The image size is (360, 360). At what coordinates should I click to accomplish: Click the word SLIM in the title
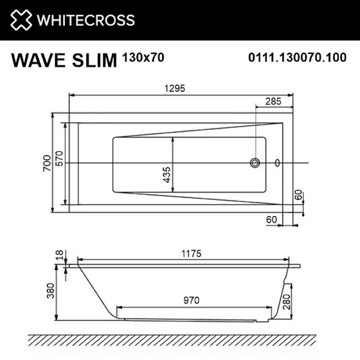click(x=95, y=60)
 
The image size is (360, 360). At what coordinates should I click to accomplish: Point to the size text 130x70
click(x=143, y=57)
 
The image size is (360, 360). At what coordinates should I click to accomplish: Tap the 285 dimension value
click(x=273, y=101)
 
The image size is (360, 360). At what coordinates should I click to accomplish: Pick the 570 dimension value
click(x=59, y=158)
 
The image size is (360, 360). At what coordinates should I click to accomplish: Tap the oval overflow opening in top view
click(x=277, y=162)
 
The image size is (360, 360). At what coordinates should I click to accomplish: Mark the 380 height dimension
click(x=51, y=291)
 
